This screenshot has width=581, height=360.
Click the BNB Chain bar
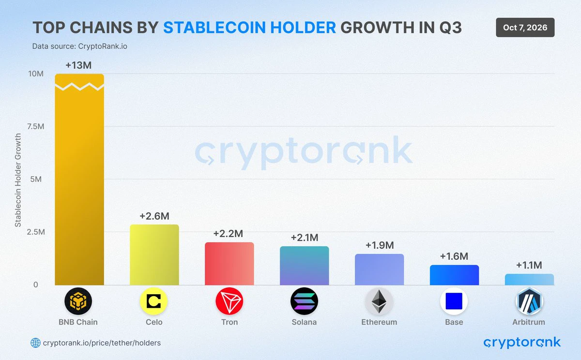(79, 180)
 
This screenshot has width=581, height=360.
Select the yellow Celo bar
(154, 255)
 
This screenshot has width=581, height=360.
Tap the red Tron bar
(229, 264)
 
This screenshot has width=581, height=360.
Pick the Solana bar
(304, 266)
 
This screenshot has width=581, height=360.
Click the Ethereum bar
(379, 270)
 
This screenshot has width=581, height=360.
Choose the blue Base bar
(454, 275)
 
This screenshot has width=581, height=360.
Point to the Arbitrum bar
(529, 279)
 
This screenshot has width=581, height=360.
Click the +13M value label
(78, 65)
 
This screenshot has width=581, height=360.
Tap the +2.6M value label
(154, 216)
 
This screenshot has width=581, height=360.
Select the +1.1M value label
(529, 265)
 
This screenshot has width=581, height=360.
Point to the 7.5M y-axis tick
(36, 126)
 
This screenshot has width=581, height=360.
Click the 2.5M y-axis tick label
(36, 232)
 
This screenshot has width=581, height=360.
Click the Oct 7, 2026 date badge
(525, 28)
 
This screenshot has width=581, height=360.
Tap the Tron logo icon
(229, 301)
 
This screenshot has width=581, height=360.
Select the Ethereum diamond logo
(379, 301)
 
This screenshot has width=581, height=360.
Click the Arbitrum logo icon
(529, 301)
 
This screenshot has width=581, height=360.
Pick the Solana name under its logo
(304, 322)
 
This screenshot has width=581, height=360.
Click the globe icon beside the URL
(35, 343)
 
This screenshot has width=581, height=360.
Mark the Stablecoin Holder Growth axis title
(18, 180)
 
